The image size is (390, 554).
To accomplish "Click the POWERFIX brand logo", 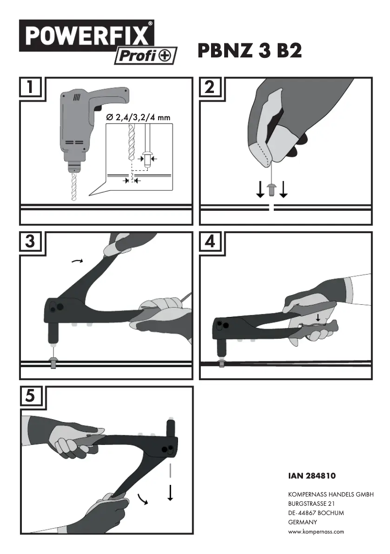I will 86,36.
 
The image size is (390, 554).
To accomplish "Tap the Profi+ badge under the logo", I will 145,56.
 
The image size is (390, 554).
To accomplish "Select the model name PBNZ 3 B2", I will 249,51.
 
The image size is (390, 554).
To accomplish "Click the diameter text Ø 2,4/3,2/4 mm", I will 139,117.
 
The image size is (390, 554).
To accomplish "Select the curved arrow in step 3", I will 77,261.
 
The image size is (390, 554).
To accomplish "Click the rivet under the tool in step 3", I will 53,362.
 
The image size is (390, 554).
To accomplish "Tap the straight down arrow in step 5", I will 170,492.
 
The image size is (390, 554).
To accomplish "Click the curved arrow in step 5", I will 142,499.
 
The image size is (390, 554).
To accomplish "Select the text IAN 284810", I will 312,475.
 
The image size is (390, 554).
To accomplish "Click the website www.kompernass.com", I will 316,532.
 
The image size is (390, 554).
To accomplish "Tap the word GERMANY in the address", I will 302,522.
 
